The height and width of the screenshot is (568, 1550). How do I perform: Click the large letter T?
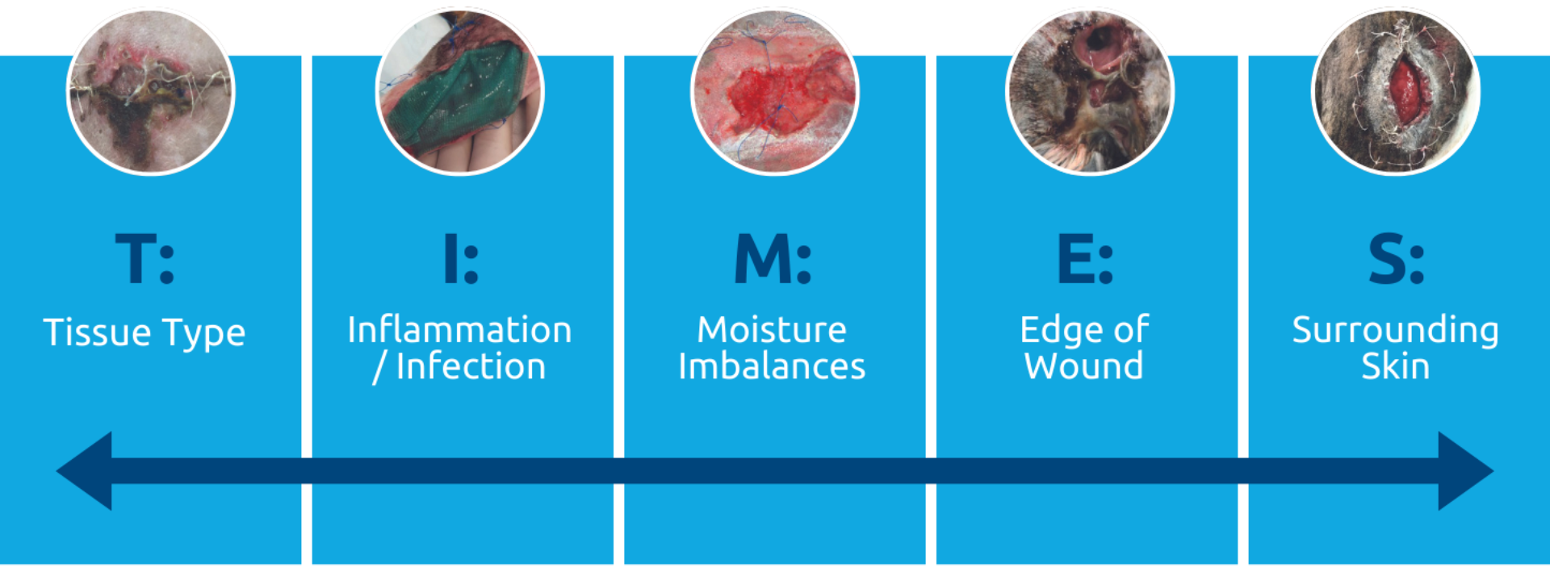tap(135, 259)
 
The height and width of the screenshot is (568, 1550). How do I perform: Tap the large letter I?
tap(450, 259)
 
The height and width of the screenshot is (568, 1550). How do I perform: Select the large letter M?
tap(761, 259)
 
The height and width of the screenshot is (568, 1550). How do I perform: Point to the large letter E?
tap(1075, 259)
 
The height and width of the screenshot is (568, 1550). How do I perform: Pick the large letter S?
tap(1386, 259)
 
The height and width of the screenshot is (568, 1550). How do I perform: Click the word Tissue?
tap(97, 332)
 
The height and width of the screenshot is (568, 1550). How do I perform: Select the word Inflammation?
tap(459, 330)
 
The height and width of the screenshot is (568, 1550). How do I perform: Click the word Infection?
tap(471, 366)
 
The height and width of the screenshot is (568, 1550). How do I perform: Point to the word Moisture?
tap(772, 330)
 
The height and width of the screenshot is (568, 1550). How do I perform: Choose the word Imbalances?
tap(772, 366)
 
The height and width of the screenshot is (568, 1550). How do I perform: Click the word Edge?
tap(1060, 331)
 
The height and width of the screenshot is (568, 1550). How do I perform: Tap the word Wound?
tap(1084, 366)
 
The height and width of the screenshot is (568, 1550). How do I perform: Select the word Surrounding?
tap(1395, 331)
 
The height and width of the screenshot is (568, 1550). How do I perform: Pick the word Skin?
tap(1395, 366)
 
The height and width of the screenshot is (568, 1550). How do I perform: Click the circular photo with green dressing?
tap(460, 91)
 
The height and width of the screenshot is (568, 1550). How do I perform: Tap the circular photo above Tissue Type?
tap(150, 91)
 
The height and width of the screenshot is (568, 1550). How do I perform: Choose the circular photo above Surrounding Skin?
tap(1396, 91)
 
